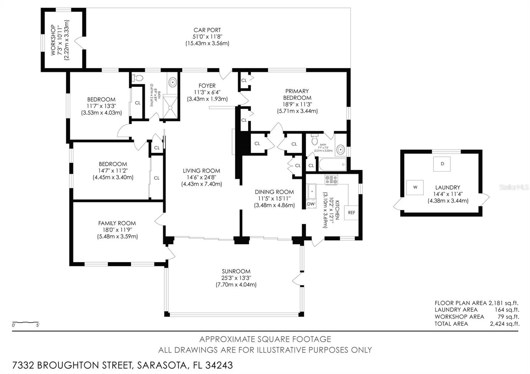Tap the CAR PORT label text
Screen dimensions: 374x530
point(207,30)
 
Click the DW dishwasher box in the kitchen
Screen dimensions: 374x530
point(311,204)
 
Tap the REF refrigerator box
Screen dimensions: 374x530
point(351,212)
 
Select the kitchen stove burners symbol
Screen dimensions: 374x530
point(331,180)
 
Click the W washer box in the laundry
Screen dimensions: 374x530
point(415,187)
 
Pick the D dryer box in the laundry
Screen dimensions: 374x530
point(442,164)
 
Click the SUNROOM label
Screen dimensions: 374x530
point(236,271)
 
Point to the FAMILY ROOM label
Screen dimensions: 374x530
point(117,223)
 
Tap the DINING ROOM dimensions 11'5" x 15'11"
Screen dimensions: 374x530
point(274,198)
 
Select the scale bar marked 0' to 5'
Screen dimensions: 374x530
point(26,322)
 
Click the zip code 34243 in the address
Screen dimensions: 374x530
point(219,365)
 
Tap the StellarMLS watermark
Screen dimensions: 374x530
point(514,187)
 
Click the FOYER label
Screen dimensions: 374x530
point(207,86)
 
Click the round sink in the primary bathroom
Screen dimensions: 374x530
point(340,150)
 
